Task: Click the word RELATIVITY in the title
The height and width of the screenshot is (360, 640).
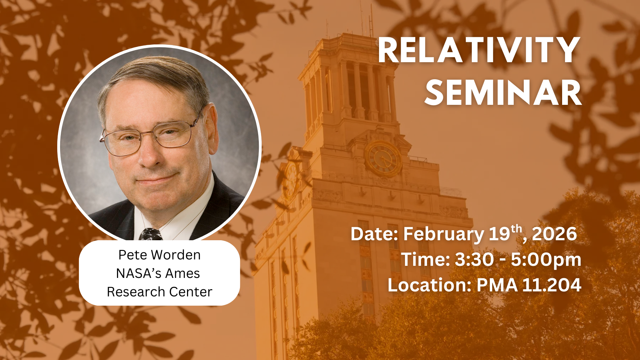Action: point(479,50)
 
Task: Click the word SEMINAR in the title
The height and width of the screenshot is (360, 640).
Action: point(503,92)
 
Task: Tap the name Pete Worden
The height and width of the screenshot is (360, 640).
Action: point(159,255)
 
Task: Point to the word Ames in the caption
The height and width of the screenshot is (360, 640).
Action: point(182,273)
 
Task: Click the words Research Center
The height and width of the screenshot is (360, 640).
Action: point(159,292)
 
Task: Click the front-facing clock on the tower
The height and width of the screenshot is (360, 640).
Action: point(383,159)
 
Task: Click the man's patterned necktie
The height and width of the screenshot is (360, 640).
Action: point(150,235)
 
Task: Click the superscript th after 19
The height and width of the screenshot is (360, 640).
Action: point(517,229)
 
